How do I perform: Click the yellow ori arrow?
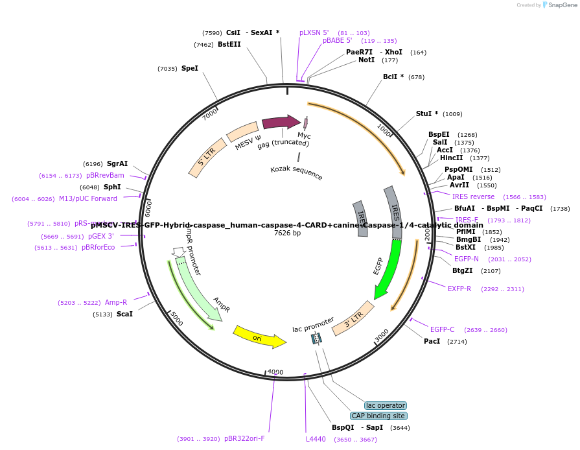point(259,336)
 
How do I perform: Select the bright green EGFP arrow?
point(388,269)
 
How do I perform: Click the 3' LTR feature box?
point(353,318)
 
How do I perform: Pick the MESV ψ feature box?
point(243,132)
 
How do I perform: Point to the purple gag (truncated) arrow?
point(281,123)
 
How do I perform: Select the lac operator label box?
point(386,405)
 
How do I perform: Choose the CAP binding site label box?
point(378,416)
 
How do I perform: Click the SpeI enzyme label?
point(190,68)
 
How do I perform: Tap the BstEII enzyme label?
point(229,45)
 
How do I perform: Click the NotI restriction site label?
point(366,60)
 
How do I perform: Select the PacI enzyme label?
point(432,341)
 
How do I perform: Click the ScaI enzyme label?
point(124,314)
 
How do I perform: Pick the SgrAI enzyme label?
point(117,164)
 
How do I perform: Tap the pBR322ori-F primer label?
point(244,438)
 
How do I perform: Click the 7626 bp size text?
point(287,233)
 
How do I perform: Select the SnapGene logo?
point(558,5)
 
